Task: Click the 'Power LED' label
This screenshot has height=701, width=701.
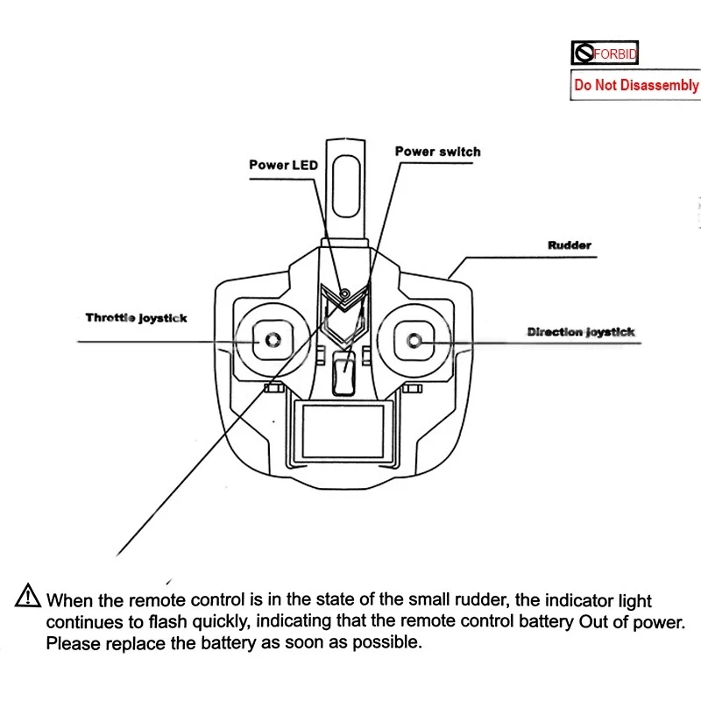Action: click(x=283, y=165)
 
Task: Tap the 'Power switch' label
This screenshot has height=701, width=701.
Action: click(x=437, y=152)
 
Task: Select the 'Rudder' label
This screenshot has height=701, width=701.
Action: click(x=570, y=245)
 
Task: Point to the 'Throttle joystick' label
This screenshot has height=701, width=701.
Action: click(x=137, y=318)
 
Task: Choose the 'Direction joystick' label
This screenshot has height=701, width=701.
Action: click(x=581, y=332)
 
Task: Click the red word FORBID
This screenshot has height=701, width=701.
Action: click(x=615, y=54)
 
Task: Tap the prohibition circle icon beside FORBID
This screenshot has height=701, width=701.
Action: click(x=584, y=53)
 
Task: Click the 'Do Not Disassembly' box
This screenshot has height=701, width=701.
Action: click(x=636, y=85)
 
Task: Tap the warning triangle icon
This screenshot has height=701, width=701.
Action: click(x=28, y=596)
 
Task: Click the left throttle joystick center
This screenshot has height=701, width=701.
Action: click(x=273, y=340)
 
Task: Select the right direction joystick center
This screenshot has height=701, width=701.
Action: click(x=414, y=341)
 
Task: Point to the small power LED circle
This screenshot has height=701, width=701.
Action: click(x=344, y=294)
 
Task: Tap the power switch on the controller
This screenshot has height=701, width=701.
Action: click(x=343, y=374)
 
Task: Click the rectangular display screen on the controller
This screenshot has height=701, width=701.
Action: click(x=343, y=431)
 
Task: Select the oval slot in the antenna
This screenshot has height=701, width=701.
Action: click(x=346, y=186)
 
